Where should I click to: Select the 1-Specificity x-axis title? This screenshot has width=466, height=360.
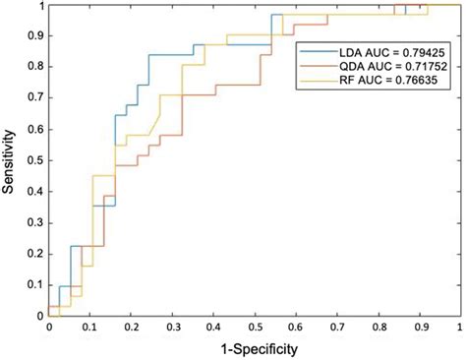254,349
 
